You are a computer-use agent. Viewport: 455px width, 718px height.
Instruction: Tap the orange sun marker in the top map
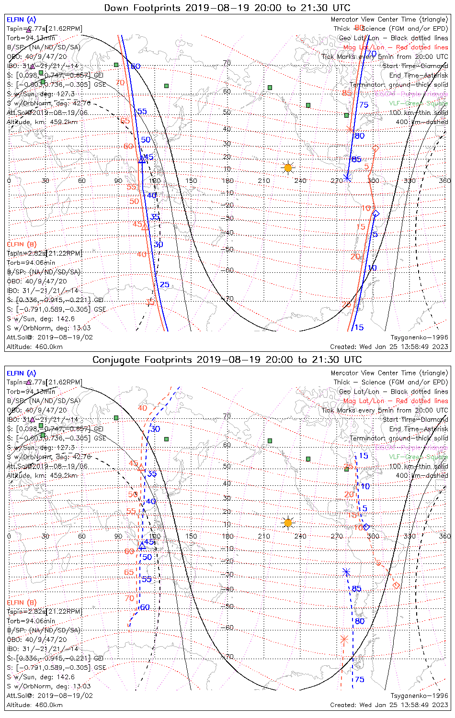pyautogui.click(x=288, y=168)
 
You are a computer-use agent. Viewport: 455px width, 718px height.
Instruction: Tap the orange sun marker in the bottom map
pyautogui.click(x=288, y=523)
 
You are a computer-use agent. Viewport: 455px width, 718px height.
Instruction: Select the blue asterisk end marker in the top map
pyautogui.click(x=348, y=178)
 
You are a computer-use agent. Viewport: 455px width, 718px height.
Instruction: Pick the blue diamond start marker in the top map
pyautogui.click(x=376, y=213)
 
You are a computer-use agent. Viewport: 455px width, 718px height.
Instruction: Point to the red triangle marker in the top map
pyautogui.click(x=145, y=226)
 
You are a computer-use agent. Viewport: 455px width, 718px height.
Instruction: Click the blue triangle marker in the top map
pyautogui.click(x=142, y=160)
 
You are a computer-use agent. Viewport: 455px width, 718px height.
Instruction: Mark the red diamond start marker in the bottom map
pyautogui.click(x=396, y=585)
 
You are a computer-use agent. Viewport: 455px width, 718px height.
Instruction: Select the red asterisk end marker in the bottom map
pyautogui.click(x=343, y=639)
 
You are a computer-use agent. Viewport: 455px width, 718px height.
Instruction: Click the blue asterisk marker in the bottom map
pyautogui.click(x=346, y=572)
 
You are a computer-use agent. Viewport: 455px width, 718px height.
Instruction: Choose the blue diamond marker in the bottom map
pyautogui.click(x=366, y=527)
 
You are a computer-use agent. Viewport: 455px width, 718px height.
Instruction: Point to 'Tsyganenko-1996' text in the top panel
pyautogui.click(x=419, y=337)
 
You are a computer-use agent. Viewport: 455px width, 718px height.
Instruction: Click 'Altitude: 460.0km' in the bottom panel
pyautogui.click(x=34, y=705)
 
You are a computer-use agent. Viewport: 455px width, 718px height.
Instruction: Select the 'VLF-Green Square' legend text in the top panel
pyautogui.click(x=418, y=103)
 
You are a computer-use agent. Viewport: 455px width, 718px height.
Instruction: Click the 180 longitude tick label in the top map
pyautogui.click(x=227, y=180)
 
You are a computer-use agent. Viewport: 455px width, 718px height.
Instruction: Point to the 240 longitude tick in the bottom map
pyautogui.click(x=300, y=536)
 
